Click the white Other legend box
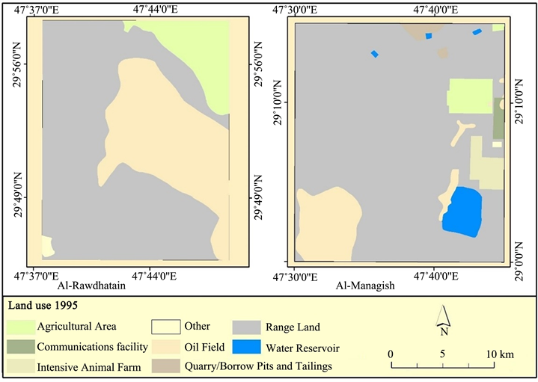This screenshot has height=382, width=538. pos(165,327)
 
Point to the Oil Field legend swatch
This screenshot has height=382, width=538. pos(165,347)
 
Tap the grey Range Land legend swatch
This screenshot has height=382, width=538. pos(246,327)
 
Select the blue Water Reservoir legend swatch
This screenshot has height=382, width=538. pos(246,347)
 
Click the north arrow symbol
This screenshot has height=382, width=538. pos(443,319)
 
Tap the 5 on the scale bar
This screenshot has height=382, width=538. pos(443,354)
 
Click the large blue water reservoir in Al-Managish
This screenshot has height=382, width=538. pos(462,212)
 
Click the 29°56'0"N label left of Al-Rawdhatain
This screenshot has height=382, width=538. pos(16,64)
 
